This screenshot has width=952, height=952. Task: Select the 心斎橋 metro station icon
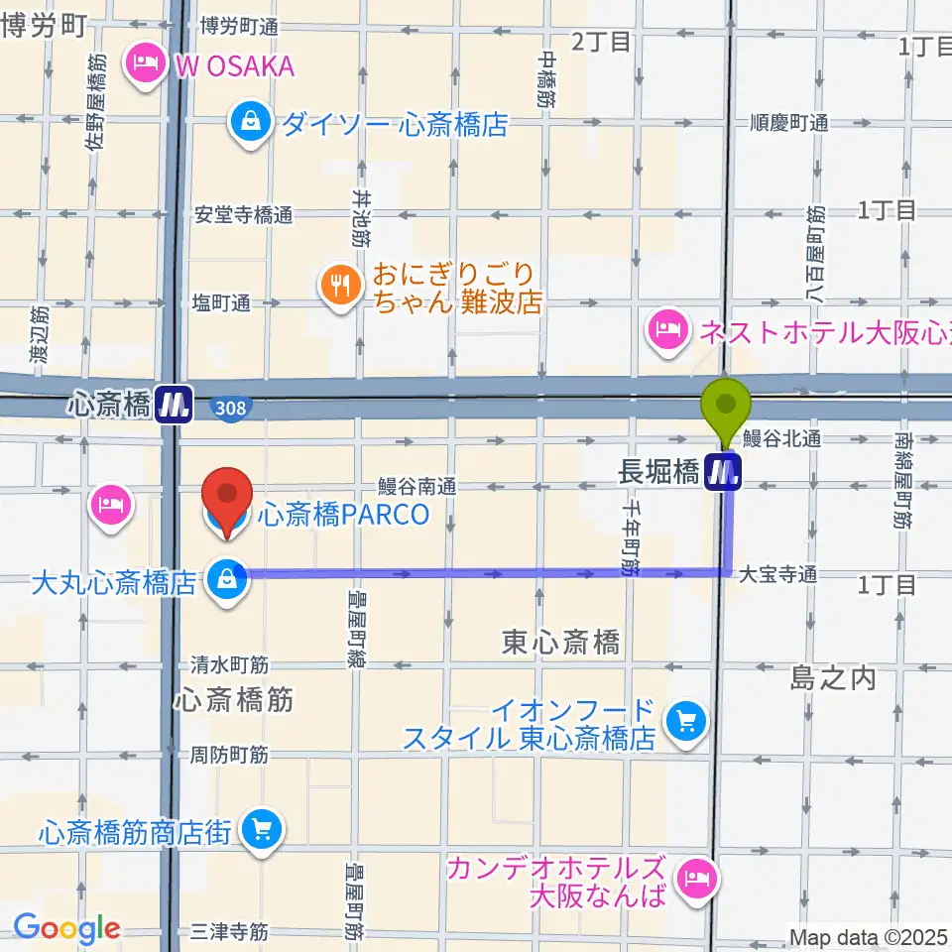(x=175, y=405)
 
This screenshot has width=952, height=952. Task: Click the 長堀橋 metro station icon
(x=722, y=471)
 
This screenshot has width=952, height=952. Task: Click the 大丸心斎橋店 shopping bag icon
(x=228, y=580)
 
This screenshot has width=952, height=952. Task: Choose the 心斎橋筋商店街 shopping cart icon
(x=262, y=831)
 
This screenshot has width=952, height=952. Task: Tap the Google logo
(x=66, y=928)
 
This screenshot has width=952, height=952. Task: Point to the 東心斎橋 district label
(x=561, y=643)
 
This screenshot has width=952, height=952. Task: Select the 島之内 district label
(x=833, y=678)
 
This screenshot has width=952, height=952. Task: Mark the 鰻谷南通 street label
(x=416, y=486)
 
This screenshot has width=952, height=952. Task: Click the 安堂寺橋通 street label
(x=244, y=214)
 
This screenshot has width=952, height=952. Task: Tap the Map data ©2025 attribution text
(x=869, y=936)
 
